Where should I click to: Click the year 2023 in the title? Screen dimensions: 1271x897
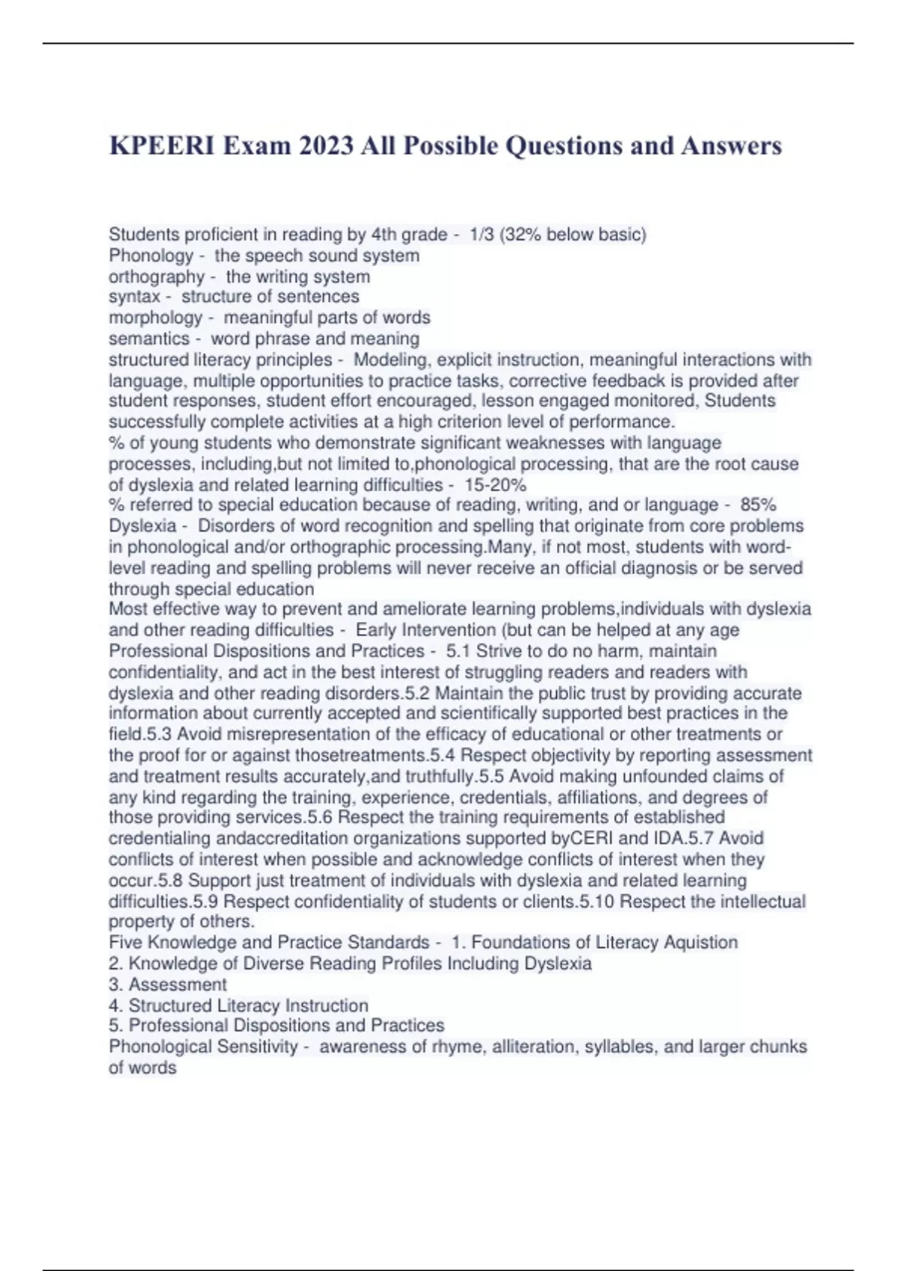pyautogui.click(x=327, y=145)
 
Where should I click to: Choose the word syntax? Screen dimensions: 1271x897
pyautogui.click(x=134, y=297)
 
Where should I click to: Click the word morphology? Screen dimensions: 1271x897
pyautogui.click(x=155, y=318)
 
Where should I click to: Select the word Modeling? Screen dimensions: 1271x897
pyautogui.click(x=389, y=360)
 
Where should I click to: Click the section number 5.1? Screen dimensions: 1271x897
pyautogui.click(x=457, y=650)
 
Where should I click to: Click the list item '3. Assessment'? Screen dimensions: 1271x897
pyautogui.click(x=167, y=984)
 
